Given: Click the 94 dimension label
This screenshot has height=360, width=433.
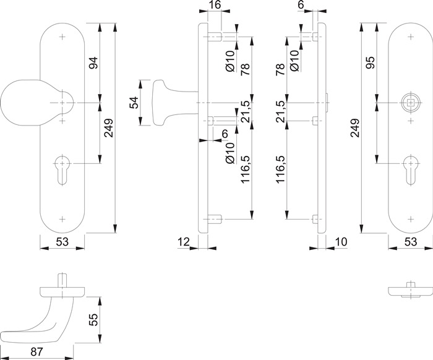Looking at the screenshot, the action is tap(93, 62).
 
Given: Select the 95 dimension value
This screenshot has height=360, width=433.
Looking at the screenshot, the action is tap(370, 62).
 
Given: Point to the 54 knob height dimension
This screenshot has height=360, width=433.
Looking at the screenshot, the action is tap(134, 103).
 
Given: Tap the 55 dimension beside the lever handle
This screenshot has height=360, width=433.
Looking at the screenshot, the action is tap(93, 320).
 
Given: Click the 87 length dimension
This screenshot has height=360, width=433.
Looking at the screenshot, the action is tap(37, 352).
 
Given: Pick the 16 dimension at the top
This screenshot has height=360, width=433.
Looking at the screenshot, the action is tap(215, 5).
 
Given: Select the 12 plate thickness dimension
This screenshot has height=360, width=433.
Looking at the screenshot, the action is tap(184, 242).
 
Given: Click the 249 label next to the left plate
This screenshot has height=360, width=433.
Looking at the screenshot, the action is tap(108, 128).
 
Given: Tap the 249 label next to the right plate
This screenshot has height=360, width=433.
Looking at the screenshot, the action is tap(354, 128).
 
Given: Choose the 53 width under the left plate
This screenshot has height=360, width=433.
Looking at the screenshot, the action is tap(62, 242).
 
